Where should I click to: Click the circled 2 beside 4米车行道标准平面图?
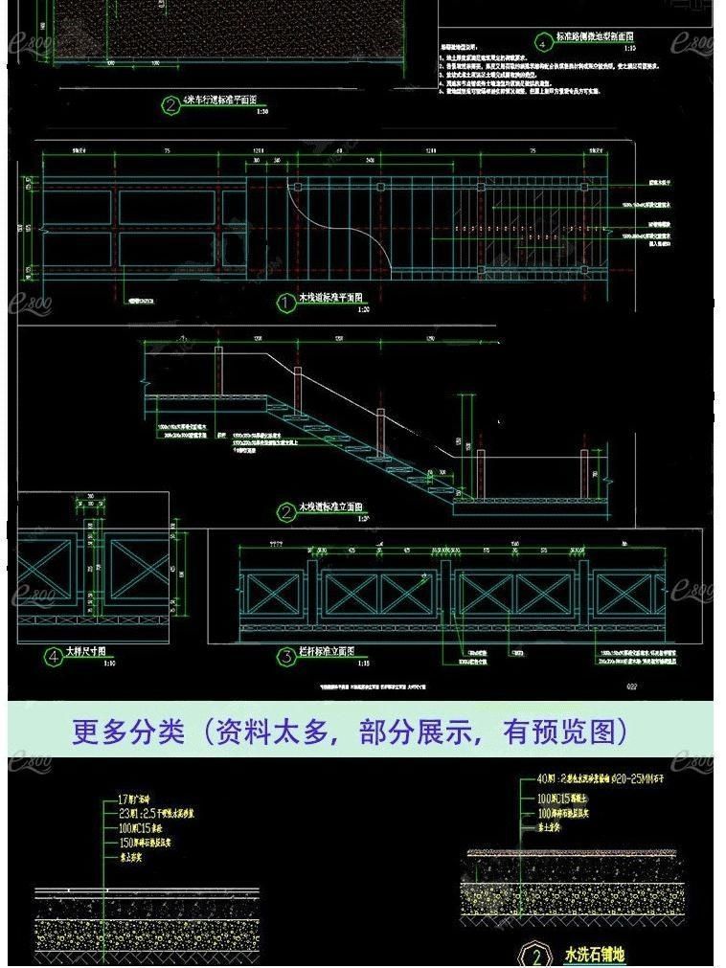click(170, 106)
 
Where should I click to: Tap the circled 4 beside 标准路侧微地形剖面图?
click(542, 43)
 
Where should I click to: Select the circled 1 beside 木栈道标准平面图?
click(285, 304)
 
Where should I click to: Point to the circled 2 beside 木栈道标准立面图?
click(285, 512)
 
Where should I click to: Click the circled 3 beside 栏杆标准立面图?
click(285, 656)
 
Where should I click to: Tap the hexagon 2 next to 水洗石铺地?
click(537, 957)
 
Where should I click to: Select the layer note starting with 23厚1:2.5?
click(163, 813)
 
